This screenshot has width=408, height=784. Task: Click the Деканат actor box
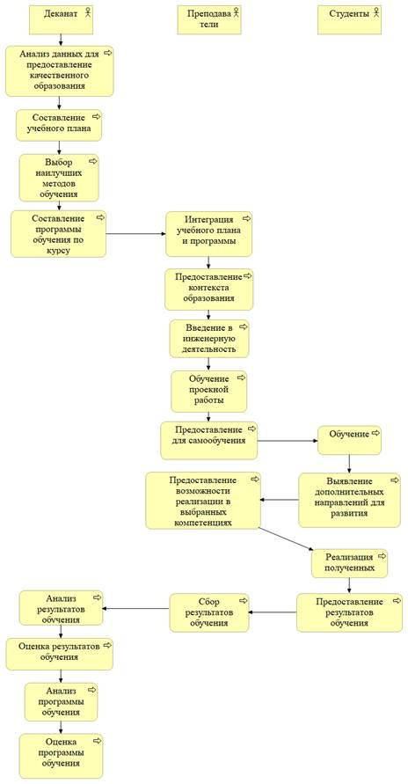(61, 19)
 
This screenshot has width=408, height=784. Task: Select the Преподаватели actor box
(209, 19)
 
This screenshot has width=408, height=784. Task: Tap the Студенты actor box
(350, 19)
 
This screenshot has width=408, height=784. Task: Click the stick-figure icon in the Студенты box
(375, 13)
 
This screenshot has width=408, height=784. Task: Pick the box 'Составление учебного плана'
(59, 125)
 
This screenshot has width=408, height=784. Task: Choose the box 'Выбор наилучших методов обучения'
(59, 178)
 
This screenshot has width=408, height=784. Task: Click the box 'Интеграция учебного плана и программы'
(208, 234)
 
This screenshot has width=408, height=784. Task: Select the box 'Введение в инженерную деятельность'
(209, 339)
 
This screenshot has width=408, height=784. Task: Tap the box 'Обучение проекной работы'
(209, 391)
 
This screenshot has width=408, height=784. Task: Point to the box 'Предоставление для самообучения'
(209, 440)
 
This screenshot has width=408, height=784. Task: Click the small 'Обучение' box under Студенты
(350, 440)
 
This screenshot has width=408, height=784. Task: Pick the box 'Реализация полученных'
(350, 563)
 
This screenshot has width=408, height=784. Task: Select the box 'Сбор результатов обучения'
(209, 612)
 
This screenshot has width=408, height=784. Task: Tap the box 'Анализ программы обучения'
(61, 702)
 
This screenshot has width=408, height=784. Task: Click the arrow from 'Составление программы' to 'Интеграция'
(135, 233)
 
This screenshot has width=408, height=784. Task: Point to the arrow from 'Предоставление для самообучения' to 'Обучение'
(288, 441)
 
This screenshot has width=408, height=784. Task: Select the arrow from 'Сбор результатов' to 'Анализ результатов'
(135, 609)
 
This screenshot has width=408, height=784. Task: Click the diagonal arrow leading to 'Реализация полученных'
(287, 539)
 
